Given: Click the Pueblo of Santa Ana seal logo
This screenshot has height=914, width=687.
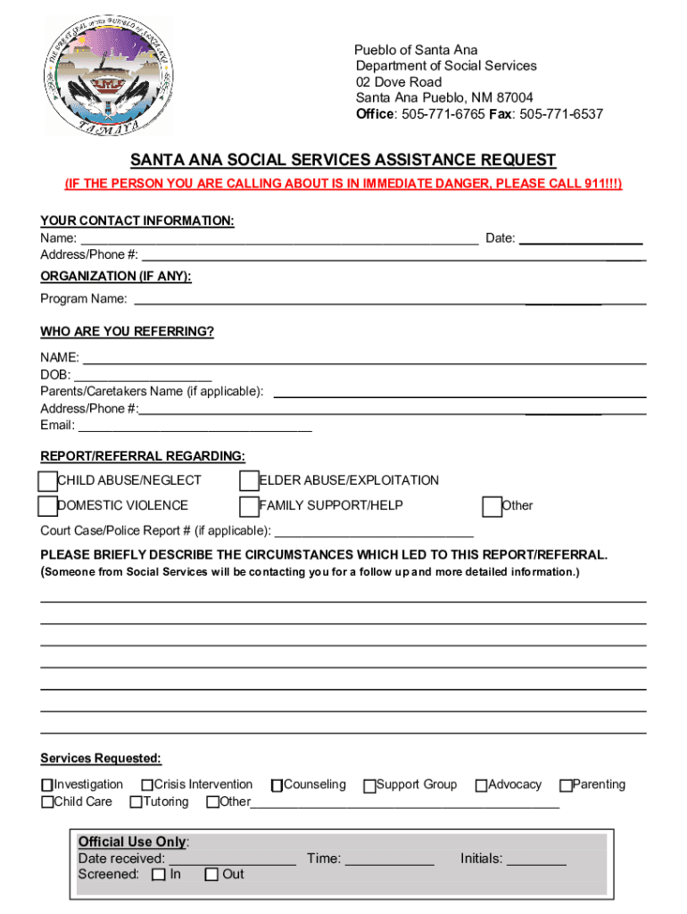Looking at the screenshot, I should [x=110, y=76].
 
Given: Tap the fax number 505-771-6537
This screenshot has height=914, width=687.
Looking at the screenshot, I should [x=561, y=114].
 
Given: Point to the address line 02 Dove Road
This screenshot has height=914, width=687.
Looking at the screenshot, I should [x=399, y=82].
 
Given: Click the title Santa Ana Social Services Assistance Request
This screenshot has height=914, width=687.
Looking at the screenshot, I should [x=343, y=161].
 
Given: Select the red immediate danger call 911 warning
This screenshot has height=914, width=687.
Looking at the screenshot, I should [x=343, y=184].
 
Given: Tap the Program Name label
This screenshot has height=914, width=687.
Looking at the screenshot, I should [x=83, y=299].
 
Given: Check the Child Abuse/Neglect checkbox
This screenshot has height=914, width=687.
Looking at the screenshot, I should [x=47, y=481].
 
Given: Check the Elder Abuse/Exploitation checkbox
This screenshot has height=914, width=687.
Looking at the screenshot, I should [x=249, y=481].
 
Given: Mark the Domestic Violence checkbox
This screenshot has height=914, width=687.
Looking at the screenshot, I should [x=47, y=506].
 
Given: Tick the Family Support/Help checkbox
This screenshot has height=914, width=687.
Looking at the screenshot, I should [x=249, y=506].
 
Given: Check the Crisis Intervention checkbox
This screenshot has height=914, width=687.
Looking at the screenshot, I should [x=146, y=785].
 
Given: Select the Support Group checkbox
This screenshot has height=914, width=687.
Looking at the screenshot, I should [x=369, y=785].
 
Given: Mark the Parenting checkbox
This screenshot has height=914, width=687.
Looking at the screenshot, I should [x=565, y=785].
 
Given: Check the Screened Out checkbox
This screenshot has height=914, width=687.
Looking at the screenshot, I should [x=211, y=875].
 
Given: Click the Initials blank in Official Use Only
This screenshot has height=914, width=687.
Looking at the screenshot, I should [x=536, y=860].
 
